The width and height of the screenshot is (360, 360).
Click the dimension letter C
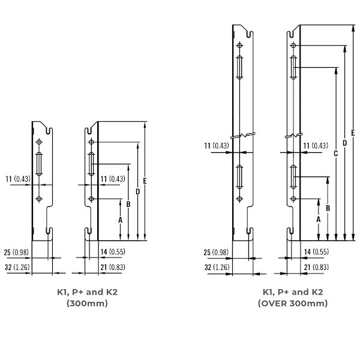[x=335, y=154]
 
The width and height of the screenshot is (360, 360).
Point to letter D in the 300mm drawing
[x=138, y=191]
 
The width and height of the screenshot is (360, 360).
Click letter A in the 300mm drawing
[x=120, y=220]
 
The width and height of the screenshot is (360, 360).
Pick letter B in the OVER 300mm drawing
[x=328, y=207]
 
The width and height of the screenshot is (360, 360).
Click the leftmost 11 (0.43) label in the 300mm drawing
[x=17, y=178]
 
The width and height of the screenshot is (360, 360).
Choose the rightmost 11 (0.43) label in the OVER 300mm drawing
[x=316, y=146]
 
